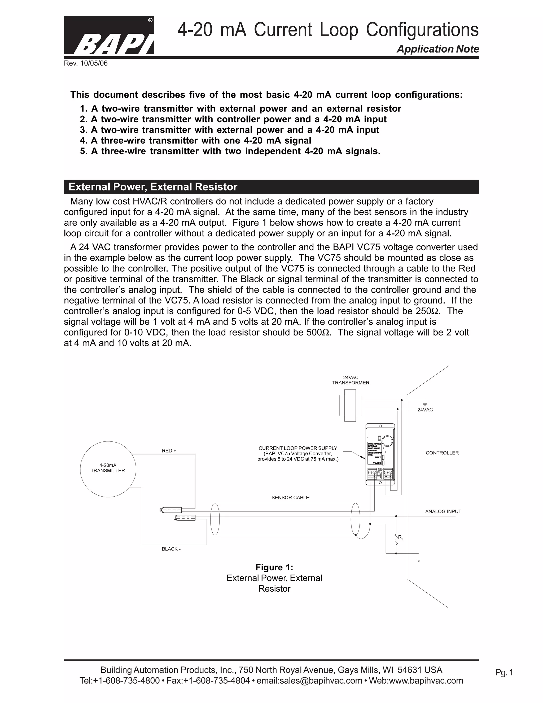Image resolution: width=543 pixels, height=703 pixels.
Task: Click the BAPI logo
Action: (x=109, y=35)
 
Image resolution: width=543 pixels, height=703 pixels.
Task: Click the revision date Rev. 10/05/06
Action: (x=86, y=63)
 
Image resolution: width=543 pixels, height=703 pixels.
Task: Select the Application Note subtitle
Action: (x=437, y=49)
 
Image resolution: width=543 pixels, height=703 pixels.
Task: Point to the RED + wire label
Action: (x=169, y=451)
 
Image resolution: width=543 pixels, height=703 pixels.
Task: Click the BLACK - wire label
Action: (x=171, y=549)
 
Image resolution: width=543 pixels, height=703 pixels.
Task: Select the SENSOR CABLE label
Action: (x=290, y=497)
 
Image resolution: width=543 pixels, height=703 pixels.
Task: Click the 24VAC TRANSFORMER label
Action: (x=351, y=380)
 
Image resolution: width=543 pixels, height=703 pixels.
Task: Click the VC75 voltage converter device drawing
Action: (x=380, y=454)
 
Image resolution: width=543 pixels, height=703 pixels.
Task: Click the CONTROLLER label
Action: (x=442, y=453)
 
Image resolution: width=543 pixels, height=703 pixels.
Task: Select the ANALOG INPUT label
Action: (x=443, y=511)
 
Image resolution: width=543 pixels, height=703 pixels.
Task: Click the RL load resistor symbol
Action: (x=396, y=539)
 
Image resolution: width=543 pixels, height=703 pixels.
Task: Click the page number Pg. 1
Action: (x=504, y=672)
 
